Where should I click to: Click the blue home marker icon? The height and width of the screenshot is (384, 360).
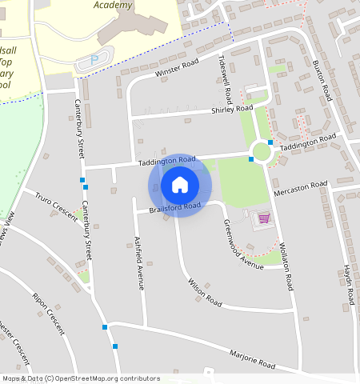[180, 186]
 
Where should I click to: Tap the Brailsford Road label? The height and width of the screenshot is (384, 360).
[174, 208]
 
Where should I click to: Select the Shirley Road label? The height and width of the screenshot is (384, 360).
[232, 110]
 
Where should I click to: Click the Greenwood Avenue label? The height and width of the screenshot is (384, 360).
[242, 245]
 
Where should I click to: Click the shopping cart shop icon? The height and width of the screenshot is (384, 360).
[263, 218]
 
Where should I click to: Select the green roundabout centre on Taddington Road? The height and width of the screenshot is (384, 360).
[261, 150]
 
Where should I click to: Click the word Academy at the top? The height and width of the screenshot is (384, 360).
[113, 5]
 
